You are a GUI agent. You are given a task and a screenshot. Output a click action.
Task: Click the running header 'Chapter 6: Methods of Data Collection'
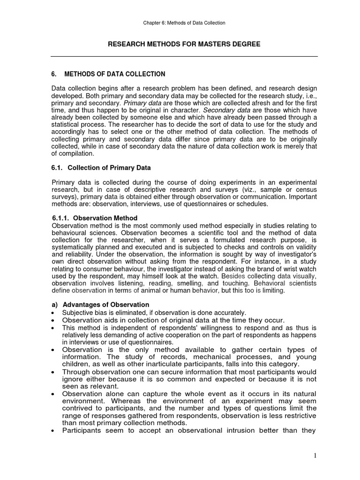point(184,22)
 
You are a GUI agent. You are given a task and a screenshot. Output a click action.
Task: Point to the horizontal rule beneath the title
point(184,57)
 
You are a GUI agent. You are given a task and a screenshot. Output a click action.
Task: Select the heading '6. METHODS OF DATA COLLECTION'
point(108,74)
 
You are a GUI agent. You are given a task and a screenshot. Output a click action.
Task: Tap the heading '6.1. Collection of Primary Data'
point(101,168)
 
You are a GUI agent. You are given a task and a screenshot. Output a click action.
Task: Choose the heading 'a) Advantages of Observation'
point(100,305)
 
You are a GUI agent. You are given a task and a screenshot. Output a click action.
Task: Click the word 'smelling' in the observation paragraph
point(182,284)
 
